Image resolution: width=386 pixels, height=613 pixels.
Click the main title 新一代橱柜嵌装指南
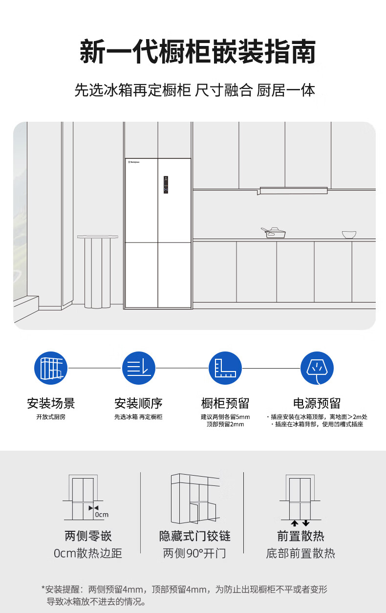click(x=198, y=51)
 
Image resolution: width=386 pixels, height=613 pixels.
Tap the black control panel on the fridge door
click(x=166, y=185)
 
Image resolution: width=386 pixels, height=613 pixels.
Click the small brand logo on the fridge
click(x=134, y=162)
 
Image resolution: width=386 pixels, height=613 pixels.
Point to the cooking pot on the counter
click(x=273, y=233)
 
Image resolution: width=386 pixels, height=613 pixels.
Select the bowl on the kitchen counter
click(x=349, y=235)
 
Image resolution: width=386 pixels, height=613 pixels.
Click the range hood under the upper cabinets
click(x=293, y=190)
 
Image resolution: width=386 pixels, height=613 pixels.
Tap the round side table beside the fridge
click(x=97, y=271)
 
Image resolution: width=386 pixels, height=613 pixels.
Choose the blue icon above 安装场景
click(x=51, y=368)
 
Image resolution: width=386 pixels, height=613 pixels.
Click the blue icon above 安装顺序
click(x=138, y=368)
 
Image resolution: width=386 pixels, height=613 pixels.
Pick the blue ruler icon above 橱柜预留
click(x=225, y=368)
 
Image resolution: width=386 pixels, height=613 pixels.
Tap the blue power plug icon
click(x=317, y=368)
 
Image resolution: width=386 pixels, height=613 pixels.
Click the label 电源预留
click(x=317, y=403)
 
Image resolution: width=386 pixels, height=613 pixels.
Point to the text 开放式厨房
click(x=51, y=417)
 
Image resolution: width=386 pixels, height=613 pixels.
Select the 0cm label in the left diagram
click(x=102, y=514)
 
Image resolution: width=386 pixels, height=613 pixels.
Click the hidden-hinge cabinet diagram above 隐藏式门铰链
click(x=195, y=498)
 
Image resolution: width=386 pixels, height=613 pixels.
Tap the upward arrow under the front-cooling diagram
click(x=294, y=523)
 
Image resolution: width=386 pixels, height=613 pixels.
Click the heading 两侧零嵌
click(x=88, y=536)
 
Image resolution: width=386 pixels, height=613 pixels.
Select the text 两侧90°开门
click(x=194, y=553)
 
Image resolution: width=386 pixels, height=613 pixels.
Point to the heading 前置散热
click(x=300, y=536)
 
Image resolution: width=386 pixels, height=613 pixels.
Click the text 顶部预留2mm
click(x=225, y=424)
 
